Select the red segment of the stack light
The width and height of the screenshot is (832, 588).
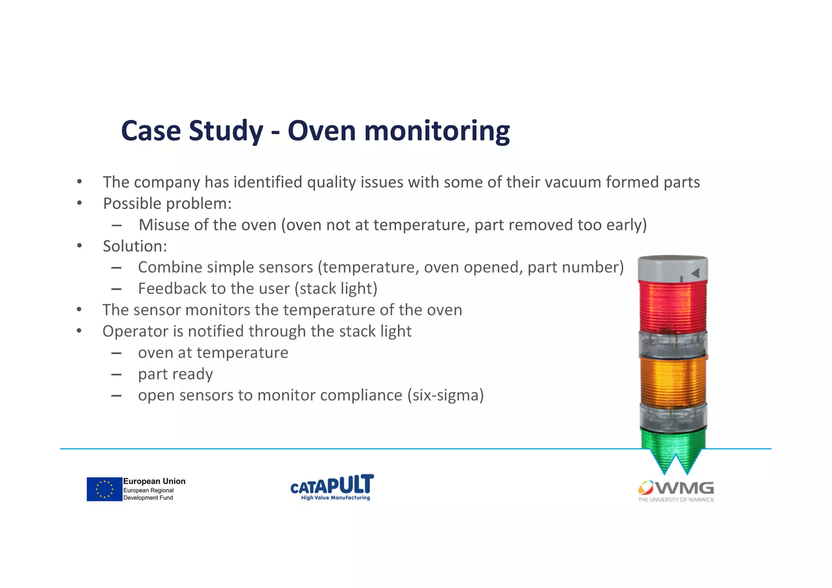pyautogui.click(x=673, y=306)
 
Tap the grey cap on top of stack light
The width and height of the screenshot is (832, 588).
pyautogui.click(x=672, y=268)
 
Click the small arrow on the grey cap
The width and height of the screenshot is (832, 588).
pyautogui.click(x=695, y=273)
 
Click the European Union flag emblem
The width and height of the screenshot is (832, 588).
pyautogui.click(x=104, y=489)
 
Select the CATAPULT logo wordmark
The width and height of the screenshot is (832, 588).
pyautogui.click(x=332, y=484)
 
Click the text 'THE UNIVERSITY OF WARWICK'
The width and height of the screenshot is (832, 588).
pyautogui.click(x=676, y=500)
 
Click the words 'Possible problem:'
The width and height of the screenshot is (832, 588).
pyautogui.click(x=167, y=204)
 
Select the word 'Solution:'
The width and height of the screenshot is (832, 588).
pyautogui.click(x=135, y=246)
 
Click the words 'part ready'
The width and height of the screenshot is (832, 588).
pyautogui.click(x=175, y=374)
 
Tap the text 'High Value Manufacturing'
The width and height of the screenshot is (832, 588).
pyautogui.click(x=335, y=498)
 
